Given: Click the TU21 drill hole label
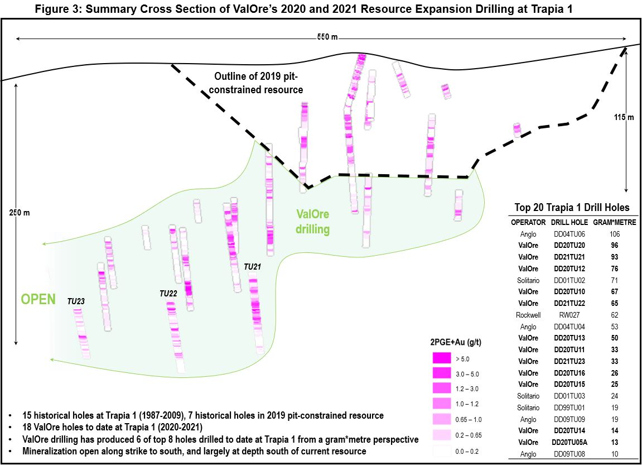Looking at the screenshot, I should tap(253, 267).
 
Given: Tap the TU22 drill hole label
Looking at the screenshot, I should tap(168, 294).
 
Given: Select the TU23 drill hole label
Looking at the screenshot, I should tap(76, 301).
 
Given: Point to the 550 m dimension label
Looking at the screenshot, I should tap(327, 37).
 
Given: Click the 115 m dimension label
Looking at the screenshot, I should tap(623, 117).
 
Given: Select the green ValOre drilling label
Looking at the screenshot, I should tap(312, 222).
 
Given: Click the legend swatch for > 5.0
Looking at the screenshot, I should tap(442, 359).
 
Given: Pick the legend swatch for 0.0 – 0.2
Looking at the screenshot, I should tap(442, 450).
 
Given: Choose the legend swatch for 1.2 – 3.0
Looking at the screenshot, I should tap(442, 389).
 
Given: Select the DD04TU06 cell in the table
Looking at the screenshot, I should tap(569, 234).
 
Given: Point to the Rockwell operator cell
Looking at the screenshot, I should tap(528, 315).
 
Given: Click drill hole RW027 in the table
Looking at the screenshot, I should tap(569, 315).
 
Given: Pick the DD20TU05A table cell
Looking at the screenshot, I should tap(569, 442).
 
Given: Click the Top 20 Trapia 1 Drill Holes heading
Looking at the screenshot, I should tap(572, 208).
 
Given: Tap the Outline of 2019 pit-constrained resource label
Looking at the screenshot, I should tap(259, 83).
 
